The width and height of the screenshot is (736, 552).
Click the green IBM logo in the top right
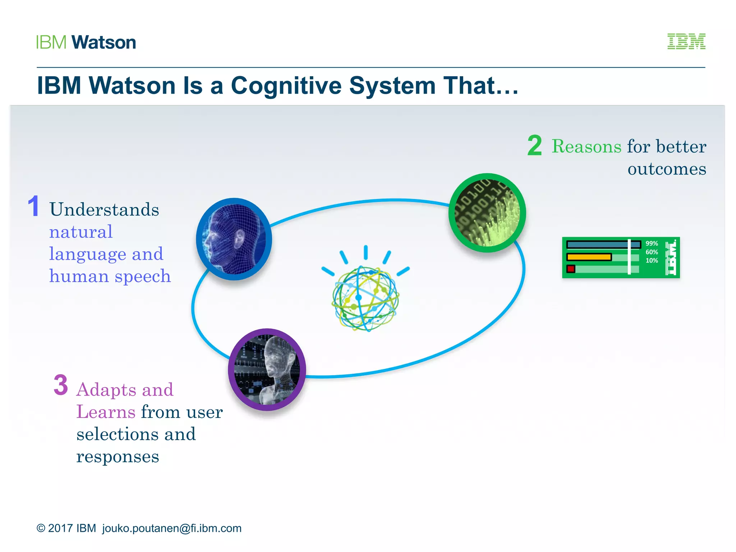[686, 41]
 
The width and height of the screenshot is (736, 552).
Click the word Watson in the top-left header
[103, 42]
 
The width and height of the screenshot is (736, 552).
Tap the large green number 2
[534, 146]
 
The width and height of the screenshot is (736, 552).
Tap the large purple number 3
[61, 385]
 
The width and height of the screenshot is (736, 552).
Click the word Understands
[104, 210]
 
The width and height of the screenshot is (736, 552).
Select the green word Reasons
[586, 147]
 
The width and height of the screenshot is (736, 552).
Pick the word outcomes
[667, 169]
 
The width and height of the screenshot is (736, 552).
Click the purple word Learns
[106, 412]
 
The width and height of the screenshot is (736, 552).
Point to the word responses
[118, 457]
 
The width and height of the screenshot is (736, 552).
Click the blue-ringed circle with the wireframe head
[234, 239]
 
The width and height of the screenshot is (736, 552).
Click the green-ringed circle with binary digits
[487, 213]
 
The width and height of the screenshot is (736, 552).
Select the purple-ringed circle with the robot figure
[267, 369]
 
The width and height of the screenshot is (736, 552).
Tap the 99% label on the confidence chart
[652, 244]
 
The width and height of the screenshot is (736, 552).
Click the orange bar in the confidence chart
[589, 257]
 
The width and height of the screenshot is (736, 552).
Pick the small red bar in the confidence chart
[571, 269]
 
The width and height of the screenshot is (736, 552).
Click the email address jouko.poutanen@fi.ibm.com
[172, 528]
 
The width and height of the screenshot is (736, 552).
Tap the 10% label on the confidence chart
[652, 261]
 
